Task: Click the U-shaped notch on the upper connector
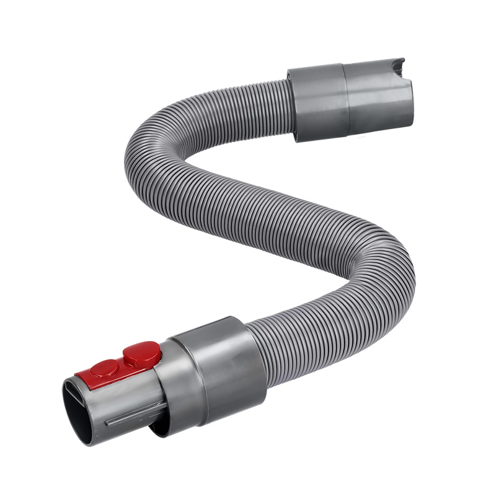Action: tap(394, 68)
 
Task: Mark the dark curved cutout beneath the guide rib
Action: tap(158, 428)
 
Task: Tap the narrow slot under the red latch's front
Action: tap(87, 387)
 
